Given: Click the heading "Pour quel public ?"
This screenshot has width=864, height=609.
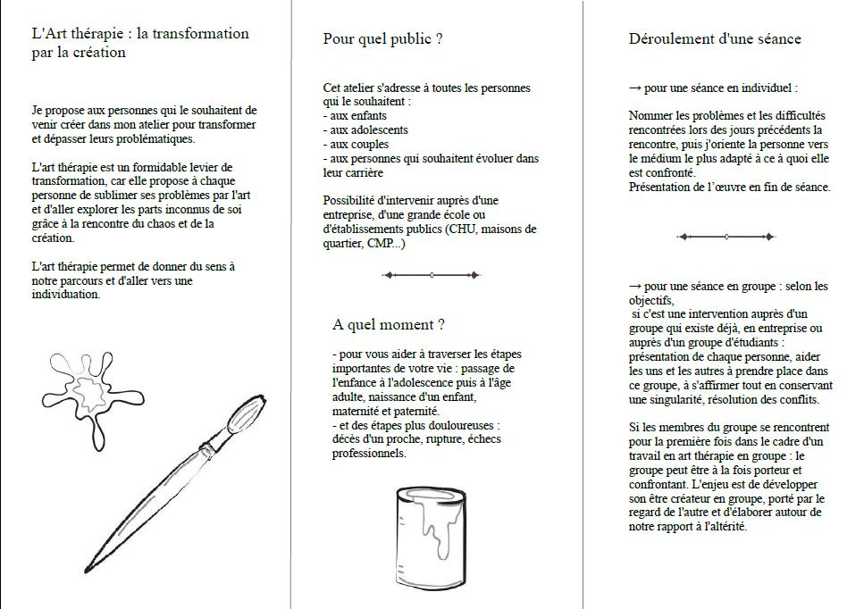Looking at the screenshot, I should pos(383,39).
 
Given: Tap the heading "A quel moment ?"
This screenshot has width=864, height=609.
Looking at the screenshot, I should pos(389,324).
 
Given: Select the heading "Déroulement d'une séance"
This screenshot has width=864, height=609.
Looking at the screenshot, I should pos(715,38).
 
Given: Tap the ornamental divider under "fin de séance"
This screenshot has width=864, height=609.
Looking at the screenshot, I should pos(726,237).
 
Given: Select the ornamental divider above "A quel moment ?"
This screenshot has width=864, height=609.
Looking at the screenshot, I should pos(431,275).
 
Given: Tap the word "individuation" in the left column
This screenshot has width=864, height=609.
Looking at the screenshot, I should pos(65,295).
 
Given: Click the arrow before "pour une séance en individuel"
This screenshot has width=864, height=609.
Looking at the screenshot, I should pos(635,88).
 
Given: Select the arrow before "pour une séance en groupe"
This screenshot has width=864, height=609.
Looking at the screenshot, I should pos(635,287).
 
